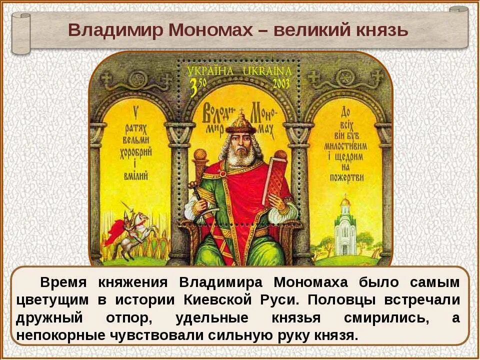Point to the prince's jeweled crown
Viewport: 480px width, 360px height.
pyautogui.click(x=240, y=122)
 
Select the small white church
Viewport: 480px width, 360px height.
pyautogui.click(x=345, y=227)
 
